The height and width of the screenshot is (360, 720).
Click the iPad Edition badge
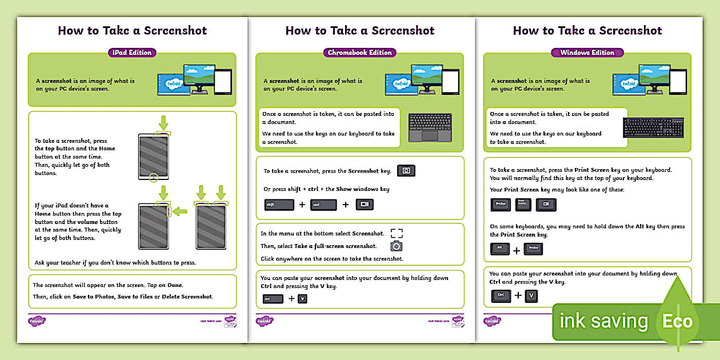pyautogui.click(x=131, y=53)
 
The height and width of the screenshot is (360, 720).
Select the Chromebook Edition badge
pyautogui.click(x=359, y=53)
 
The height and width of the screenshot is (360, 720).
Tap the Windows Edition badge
pyautogui.click(x=587, y=53)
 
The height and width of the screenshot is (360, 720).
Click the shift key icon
pyautogui.click(x=279, y=205)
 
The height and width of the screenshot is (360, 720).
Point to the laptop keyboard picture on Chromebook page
pyautogui.click(x=430, y=127)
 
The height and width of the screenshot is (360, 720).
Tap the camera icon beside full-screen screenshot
pyautogui.click(x=396, y=246)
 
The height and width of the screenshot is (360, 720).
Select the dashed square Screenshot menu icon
pyautogui.click(x=396, y=233)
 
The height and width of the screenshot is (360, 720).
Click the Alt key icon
pyautogui.click(x=500, y=249)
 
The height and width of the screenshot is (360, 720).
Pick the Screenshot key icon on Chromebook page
pyautogui.click(x=406, y=171)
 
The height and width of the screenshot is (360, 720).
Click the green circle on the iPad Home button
pyautogui.click(x=153, y=178)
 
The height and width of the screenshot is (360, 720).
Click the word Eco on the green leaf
pyautogui.click(x=677, y=321)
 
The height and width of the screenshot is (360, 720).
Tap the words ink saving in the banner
pyautogui.click(x=603, y=321)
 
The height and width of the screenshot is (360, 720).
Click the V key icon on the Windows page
pyautogui.click(x=531, y=296)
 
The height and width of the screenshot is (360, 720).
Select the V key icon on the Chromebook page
pyautogui.click(x=302, y=298)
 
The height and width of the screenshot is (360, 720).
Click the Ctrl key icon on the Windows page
pyautogui.click(x=501, y=296)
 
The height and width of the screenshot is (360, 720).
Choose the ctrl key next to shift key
pyautogui.click(x=323, y=205)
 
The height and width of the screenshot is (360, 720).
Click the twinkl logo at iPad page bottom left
pyautogui.click(x=37, y=321)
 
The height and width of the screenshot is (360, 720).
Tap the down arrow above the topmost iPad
pyautogui.click(x=163, y=122)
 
